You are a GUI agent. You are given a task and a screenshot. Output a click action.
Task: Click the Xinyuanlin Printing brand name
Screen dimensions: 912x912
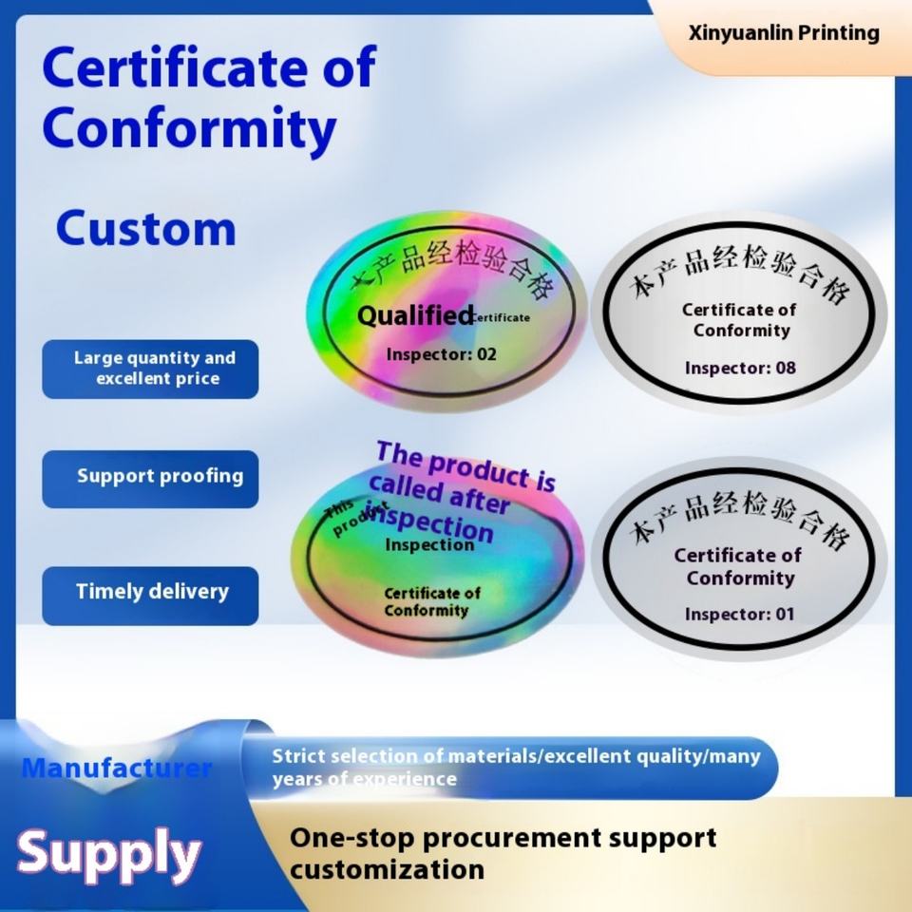point(784,33)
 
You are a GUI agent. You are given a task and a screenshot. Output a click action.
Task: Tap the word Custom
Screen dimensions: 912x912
point(145,229)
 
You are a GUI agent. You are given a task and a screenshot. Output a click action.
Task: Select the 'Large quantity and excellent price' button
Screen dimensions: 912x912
point(150,369)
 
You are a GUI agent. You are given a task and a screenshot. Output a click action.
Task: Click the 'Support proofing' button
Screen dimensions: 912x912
point(150,477)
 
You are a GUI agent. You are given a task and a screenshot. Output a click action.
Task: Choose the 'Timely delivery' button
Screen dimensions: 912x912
point(150,592)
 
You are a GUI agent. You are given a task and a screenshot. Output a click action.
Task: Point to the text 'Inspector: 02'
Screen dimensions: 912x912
point(441,354)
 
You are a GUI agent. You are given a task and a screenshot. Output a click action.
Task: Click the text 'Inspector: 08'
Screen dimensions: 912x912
point(740,368)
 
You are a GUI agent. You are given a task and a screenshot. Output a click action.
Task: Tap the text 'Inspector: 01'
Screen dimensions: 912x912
point(739,614)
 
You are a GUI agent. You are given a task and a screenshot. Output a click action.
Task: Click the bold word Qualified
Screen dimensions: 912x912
point(415,315)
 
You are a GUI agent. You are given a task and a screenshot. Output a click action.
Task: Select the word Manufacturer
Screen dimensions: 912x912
point(117,768)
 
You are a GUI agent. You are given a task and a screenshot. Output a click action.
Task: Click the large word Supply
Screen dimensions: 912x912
point(109,852)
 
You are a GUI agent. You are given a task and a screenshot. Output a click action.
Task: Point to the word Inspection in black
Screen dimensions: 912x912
point(429,545)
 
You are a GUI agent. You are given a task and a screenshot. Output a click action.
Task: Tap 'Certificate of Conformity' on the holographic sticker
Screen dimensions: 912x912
point(431,601)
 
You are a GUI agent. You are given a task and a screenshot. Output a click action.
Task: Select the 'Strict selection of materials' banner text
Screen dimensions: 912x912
point(516,768)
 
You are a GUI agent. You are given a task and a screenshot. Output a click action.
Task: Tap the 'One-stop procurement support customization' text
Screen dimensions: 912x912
point(503,853)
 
